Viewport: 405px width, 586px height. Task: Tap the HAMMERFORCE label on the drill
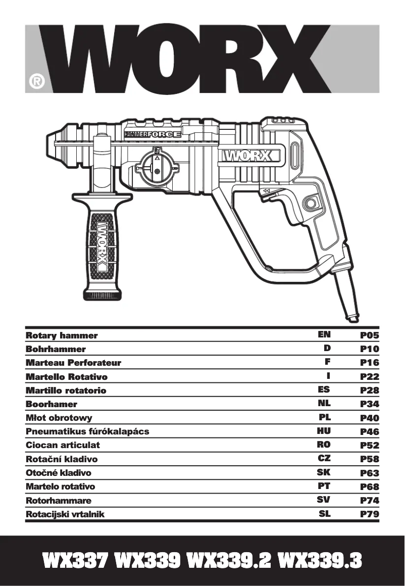coord(153,134)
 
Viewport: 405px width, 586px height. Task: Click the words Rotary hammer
coord(62,335)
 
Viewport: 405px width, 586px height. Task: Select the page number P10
coord(369,349)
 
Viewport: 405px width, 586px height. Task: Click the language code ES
coord(324,389)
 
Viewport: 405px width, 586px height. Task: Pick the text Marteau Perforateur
coord(73,363)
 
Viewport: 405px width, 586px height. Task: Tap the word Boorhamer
coord(52,404)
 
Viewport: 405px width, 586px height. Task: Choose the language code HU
coord(324,431)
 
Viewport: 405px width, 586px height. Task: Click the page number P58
coord(369,459)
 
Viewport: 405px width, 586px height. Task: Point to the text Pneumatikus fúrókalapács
coord(87,431)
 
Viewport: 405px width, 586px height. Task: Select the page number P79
coord(369,514)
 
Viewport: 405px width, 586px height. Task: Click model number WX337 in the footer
coord(76,560)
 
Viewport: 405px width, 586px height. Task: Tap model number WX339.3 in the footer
coord(320,560)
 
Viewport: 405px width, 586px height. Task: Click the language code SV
coord(324,500)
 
